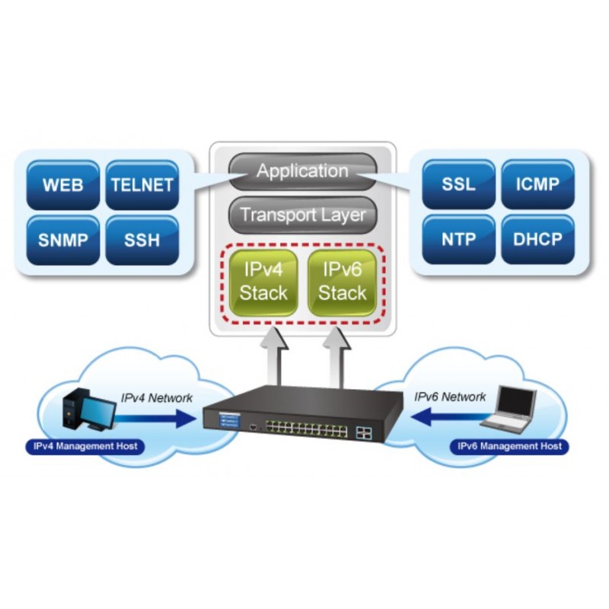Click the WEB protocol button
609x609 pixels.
coord(62,185)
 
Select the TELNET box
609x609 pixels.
coord(142,185)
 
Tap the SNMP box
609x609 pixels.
coord(62,240)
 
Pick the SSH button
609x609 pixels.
coord(142,240)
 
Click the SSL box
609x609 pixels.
coord(458,185)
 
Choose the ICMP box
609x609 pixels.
coord(537,185)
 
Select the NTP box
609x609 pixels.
coord(458,240)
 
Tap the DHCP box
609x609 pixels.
coord(537,240)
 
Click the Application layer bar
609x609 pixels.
coord(302,171)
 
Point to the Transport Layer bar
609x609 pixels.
coord(302,215)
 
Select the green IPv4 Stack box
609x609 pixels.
coord(263,282)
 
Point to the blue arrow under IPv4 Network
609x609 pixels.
coord(156,416)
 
